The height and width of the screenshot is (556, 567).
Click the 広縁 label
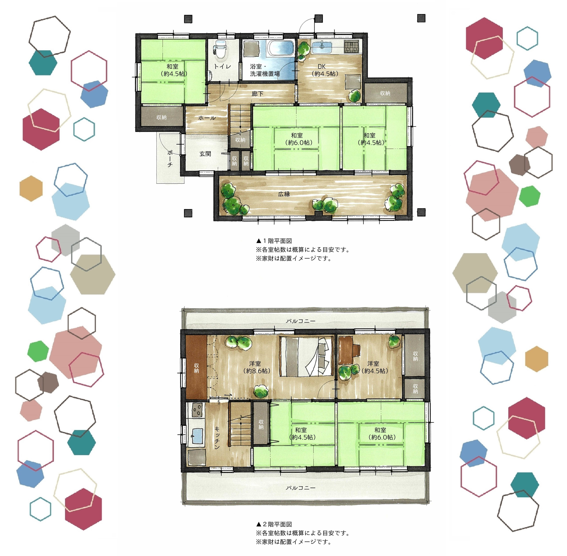pyautogui.click(x=284, y=194)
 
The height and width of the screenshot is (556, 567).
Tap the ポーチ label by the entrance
pyautogui.click(x=170, y=159)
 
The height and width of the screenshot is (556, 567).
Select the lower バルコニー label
pyautogui.click(x=301, y=488)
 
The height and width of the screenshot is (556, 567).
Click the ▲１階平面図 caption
pyautogui.click(x=274, y=241)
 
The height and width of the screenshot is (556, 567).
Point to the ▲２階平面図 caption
pyautogui.click(x=274, y=524)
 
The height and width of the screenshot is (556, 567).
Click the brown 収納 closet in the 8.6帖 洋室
pyautogui.click(x=196, y=367)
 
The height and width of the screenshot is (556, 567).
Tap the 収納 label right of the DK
pyautogui.click(x=385, y=93)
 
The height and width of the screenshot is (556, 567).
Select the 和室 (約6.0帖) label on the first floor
pyautogui.click(x=297, y=139)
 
